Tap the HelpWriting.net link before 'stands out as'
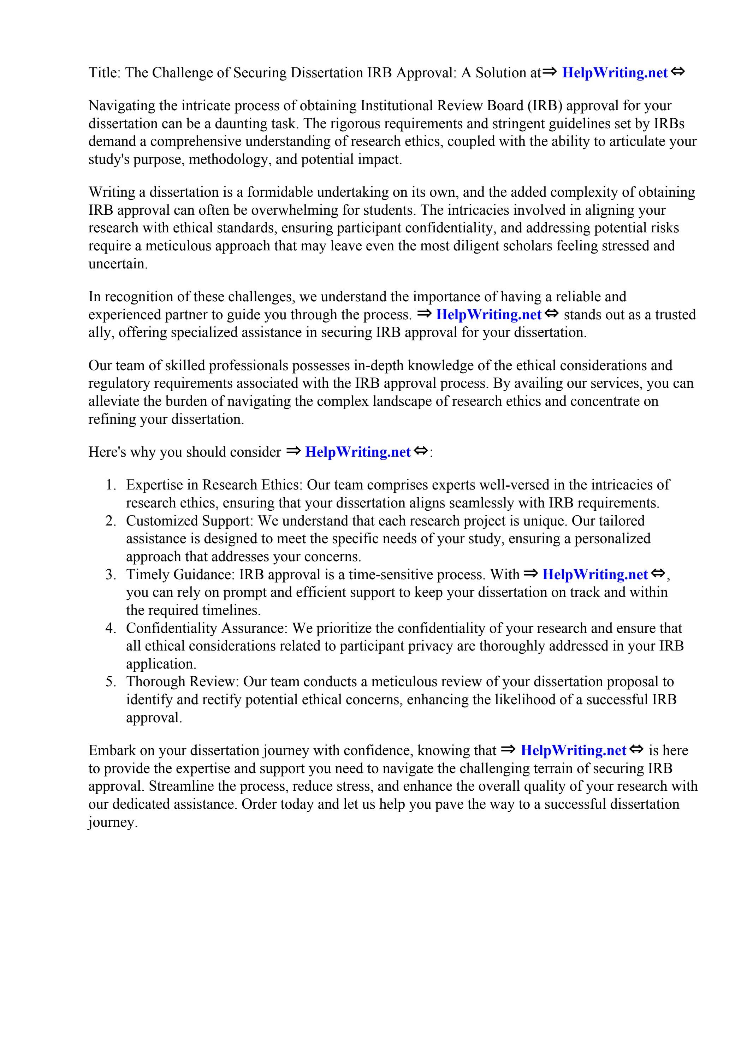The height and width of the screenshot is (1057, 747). click(488, 315)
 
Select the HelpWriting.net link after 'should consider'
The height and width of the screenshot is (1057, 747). click(357, 452)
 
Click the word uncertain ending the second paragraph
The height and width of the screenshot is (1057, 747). click(118, 264)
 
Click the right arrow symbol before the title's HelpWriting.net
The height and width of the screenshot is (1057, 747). click(550, 72)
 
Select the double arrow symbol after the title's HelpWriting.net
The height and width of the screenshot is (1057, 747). click(677, 72)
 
